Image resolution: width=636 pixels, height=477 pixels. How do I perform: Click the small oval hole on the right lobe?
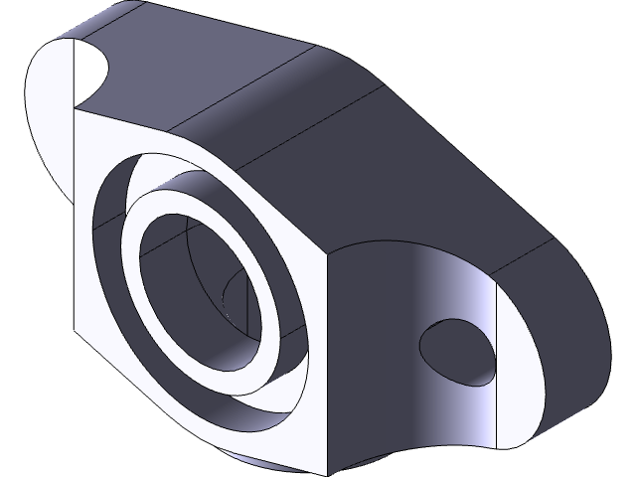(456, 350)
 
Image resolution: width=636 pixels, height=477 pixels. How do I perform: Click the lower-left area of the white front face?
(109, 328)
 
